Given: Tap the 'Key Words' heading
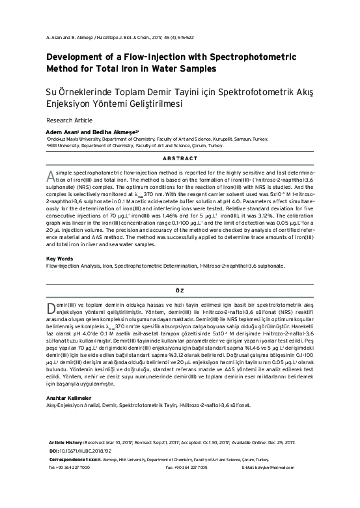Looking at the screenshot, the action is click(61, 259).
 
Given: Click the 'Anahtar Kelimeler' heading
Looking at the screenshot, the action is click(73, 397).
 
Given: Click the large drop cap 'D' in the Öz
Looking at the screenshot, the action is click(53, 308).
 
